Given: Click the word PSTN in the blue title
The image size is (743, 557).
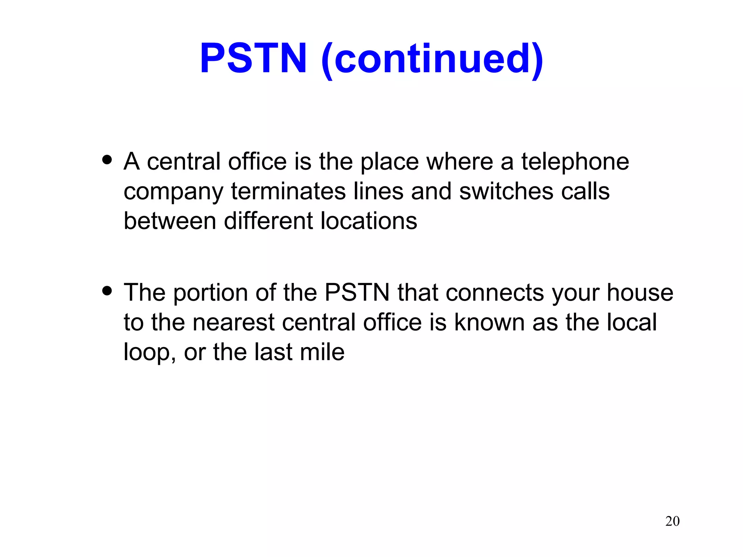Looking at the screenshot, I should point(253,59).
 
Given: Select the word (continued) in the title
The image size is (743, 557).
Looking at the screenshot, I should point(432,59).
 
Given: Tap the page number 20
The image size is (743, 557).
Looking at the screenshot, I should point(672,521).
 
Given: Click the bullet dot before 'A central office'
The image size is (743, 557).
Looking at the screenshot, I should point(107,160).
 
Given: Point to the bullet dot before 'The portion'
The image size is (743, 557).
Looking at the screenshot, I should point(107,290).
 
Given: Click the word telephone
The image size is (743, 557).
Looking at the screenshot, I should point(575,162).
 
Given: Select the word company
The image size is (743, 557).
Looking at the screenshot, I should point(173,192).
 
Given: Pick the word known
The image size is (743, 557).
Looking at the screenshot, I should point(489,322).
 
